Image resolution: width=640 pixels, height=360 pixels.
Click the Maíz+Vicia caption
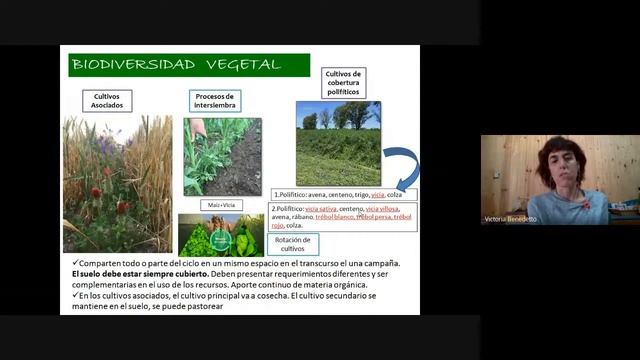(220, 205)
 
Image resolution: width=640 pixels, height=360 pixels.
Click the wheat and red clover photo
(117, 184)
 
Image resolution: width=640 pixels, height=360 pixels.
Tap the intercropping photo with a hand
(222, 156)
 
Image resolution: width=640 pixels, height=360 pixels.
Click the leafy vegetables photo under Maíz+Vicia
(221, 235)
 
